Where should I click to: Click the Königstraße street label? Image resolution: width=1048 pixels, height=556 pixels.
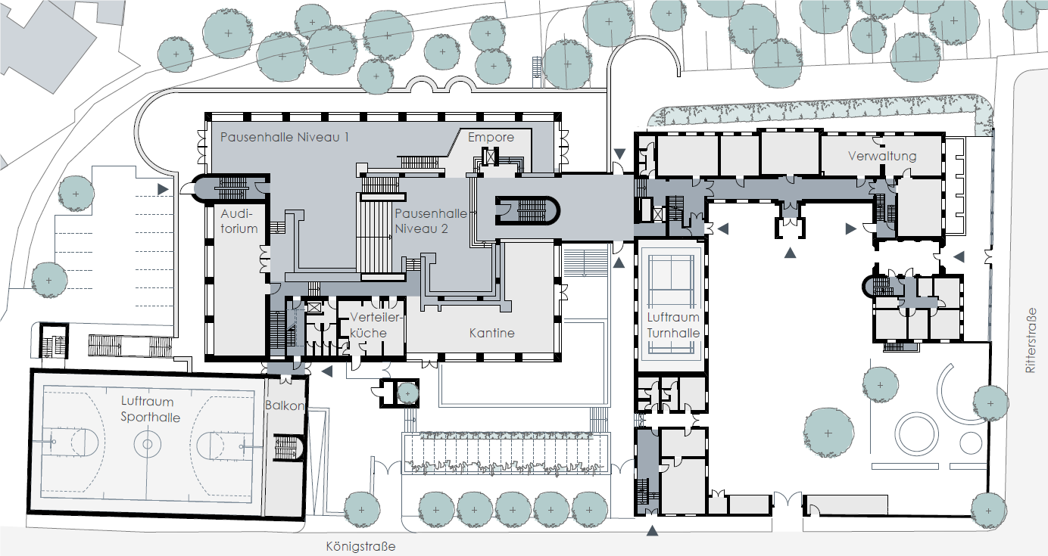360,546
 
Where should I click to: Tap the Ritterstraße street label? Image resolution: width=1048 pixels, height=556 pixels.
1031,340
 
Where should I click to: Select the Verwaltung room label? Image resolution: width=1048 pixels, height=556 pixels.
882,156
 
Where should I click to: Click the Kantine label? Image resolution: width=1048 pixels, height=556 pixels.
491,333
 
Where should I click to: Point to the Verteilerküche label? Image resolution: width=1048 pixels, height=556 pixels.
376,325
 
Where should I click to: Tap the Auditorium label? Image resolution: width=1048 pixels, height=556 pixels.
239,221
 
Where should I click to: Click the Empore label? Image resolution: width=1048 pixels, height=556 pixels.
491,138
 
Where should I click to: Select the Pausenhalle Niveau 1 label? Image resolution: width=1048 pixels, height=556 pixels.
285,137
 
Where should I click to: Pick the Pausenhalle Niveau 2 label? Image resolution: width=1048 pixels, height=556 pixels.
430,221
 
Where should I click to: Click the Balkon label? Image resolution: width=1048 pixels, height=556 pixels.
285,405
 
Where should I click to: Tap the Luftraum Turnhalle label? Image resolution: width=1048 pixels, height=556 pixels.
673,325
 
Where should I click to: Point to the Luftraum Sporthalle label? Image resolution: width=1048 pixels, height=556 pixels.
150,409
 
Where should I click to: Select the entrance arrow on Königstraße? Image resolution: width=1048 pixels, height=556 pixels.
652,531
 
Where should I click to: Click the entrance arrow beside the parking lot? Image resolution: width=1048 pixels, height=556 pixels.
163,189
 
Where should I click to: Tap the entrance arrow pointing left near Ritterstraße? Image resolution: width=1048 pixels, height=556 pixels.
959,256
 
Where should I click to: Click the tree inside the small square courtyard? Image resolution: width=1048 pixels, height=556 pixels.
407,393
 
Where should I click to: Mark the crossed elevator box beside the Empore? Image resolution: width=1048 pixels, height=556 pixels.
490,157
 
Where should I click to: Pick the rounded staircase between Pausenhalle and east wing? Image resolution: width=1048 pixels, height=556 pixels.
527,211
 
